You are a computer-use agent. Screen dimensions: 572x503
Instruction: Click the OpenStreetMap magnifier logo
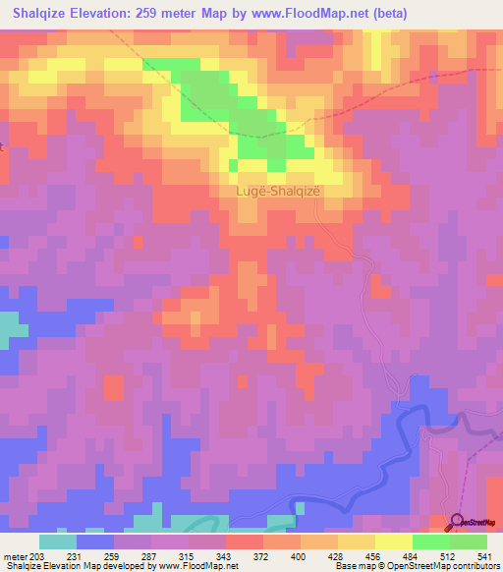click(x=458, y=522)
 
